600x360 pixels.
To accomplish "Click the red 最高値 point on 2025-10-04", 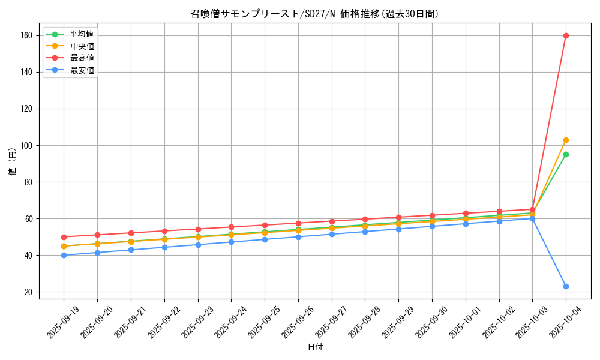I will (x=566, y=35).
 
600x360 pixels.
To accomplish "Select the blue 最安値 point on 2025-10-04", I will (x=566, y=286).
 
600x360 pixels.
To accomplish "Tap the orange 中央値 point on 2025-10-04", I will (x=566, y=140).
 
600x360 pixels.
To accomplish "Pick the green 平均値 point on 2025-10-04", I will (x=566, y=154).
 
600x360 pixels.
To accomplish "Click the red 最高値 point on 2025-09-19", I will (x=64, y=237).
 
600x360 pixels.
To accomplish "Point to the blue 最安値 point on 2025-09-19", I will (x=64, y=255).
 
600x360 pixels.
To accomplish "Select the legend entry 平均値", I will (x=82, y=34).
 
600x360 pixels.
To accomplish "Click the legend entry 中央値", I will (x=82, y=46).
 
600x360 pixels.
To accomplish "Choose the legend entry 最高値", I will (x=82, y=58).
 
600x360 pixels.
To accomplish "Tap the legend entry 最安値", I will (x=82, y=70).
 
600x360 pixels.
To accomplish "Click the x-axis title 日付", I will (x=314, y=347).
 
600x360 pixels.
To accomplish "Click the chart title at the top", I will (x=314, y=14).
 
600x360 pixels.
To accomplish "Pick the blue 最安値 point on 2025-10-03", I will (x=532, y=218).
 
